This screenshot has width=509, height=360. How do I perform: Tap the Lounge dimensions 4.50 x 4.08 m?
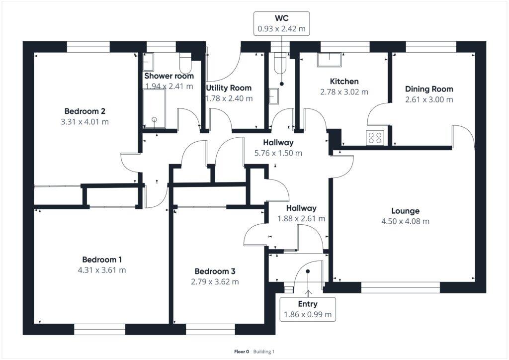point(405,221)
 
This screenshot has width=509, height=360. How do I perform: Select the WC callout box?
point(281,24)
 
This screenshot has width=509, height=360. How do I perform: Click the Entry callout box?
point(307,309)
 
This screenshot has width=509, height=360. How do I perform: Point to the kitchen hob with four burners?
point(374,137)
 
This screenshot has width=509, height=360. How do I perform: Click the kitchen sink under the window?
point(330,60)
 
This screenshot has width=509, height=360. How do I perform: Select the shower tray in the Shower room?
point(154,108)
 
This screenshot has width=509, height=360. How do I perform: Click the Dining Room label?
point(429,89)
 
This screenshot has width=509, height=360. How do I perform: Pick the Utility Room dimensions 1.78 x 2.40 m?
point(229,98)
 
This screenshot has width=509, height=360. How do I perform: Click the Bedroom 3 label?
point(215,271)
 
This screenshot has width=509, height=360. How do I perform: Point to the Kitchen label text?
point(344,81)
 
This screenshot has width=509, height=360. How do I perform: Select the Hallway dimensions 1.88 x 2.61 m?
point(301,218)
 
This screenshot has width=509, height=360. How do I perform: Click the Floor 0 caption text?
point(242,352)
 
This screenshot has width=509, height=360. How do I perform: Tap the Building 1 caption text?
point(263,352)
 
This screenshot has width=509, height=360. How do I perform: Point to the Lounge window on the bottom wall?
point(400,287)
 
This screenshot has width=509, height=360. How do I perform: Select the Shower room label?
point(169,76)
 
